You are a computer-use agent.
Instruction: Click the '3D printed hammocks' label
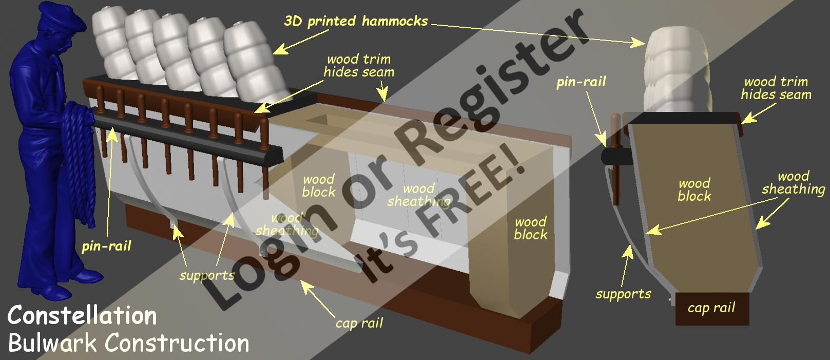(x=356, y=21)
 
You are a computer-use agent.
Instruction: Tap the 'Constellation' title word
(x=82, y=315)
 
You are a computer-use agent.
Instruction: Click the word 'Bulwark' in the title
(x=52, y=343)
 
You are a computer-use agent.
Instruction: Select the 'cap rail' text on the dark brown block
(x=711, y=308)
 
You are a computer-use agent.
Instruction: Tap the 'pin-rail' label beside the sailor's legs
(x=106, y=247)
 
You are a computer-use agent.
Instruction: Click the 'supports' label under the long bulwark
(x=207, y=276)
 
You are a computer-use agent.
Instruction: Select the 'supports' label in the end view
(x=623, y=294)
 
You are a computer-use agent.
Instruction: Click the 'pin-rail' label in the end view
(x=581, y=82)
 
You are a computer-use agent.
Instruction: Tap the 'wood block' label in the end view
(x=694, y=190)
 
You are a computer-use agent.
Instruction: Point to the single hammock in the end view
(x=678, y=69)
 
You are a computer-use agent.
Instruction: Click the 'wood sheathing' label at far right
(x=793, y=183)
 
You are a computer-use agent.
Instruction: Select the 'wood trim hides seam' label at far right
(x=776, y=88)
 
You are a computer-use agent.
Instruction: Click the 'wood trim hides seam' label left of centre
(x=359, y=66)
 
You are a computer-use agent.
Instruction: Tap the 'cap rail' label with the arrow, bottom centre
(x=359, y=323)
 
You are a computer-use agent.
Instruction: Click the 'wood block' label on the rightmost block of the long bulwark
(x=531, y=229)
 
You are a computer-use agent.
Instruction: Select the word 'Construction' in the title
(x=178, y=343)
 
